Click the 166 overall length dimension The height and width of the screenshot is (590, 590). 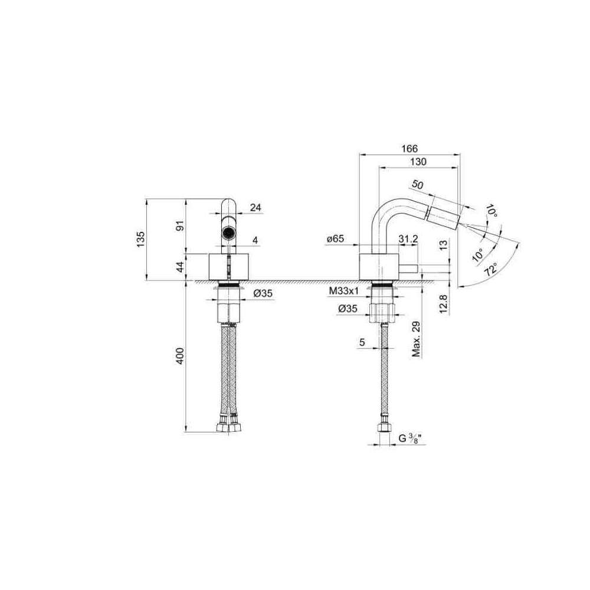click(x=409, y=149)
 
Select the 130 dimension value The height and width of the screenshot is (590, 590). click(x=418, y=162)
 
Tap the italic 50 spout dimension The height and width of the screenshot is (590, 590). click(x=417, y=185)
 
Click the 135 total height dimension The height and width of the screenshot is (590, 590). click(x=140, y=240)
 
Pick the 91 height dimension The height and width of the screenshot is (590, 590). click(x=181, y=226)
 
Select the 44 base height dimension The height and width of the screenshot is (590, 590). click(x=181, y=267)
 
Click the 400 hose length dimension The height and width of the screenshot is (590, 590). click(x=181, y=356)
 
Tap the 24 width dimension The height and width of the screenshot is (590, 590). click(x=255, y=207)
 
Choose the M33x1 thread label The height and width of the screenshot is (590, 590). click(x=344, y=291)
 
